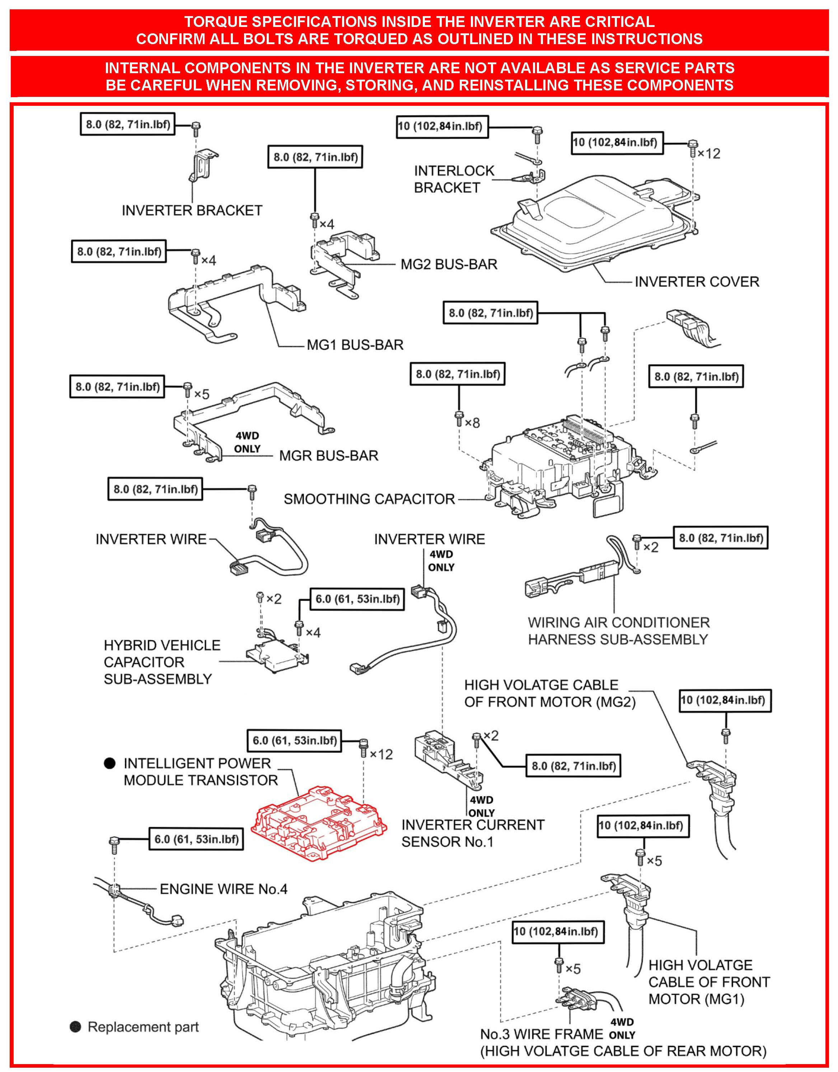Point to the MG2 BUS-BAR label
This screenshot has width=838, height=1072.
(449, 264)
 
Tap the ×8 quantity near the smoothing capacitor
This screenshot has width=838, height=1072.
(472, 422)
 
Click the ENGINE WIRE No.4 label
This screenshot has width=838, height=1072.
(223, 889)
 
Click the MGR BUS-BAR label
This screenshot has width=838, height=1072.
(328, 456)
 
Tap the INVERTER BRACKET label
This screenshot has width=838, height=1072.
(192, 210)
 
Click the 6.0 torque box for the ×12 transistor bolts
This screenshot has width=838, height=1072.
(295, 741)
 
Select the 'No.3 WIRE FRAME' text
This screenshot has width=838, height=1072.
(541, 1034)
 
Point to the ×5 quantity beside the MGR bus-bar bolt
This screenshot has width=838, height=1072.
(201, 394)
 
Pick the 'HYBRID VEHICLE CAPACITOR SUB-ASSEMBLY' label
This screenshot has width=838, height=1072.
(161, 662)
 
